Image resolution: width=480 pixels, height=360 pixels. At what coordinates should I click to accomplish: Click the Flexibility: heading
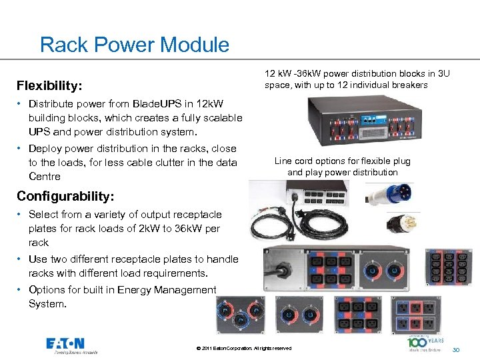pyautogui.click(x=50, y=86)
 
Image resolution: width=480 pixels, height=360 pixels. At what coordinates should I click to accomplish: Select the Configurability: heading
pyautogui.click(x=65, y=196)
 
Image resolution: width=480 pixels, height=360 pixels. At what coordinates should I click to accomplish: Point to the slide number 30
pyautogui.click(x=456, y=349)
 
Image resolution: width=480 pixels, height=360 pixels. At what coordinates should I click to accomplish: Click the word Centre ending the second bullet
pyautogui.click(x=45, y=177)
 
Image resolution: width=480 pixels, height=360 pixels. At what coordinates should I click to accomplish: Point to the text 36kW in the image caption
pyautogui.click(x=307, y=73)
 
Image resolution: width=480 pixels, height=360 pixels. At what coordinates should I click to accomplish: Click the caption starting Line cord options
pyautogui.click(x=342, y=167)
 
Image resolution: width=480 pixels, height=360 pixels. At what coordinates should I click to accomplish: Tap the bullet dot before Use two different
pyautogui.click(x=21, y=259)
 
